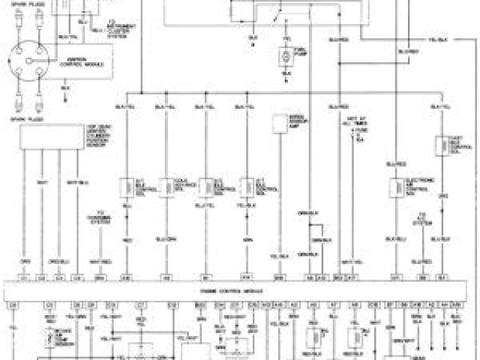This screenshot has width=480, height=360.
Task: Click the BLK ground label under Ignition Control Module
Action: pos(65,86)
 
